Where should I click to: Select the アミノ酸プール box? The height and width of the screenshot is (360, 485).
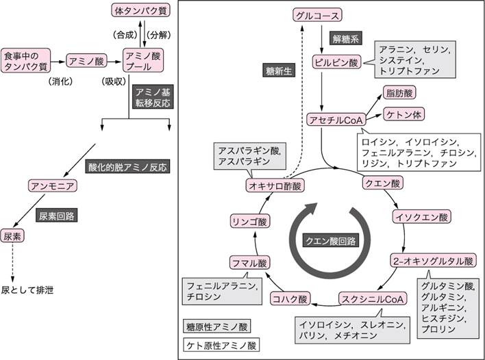point(143,60)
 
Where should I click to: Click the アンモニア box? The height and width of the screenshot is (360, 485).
point(49,185)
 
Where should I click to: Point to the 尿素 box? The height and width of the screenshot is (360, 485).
point(12,235)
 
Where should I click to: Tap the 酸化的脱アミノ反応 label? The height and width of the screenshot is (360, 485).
point(127,166)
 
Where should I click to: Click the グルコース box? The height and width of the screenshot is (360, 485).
point(316,15)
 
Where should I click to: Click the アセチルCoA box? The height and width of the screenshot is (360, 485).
point(334,119)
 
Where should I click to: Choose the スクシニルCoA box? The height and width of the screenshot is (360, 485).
point(373,299)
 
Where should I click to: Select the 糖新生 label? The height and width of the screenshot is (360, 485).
point(277,70)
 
